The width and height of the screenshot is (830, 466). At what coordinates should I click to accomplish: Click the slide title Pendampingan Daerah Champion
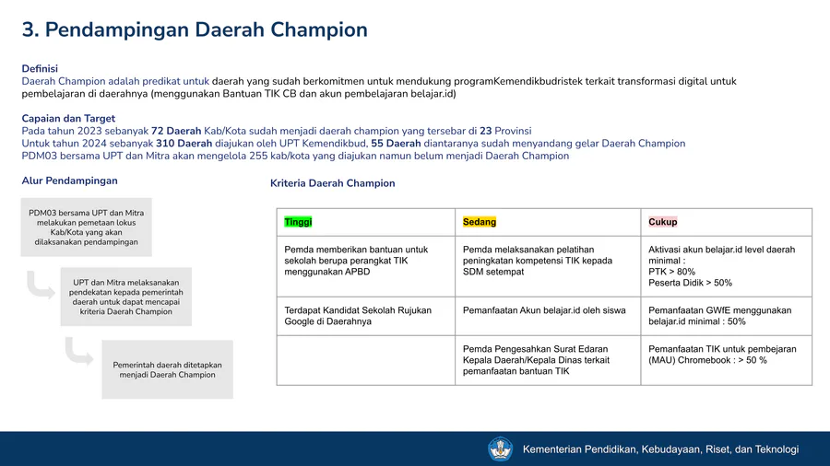[x=207, y=30]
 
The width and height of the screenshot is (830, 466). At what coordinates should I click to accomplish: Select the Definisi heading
[x=40, y=69]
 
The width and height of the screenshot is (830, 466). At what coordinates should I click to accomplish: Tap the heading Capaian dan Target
[x=68, y=119]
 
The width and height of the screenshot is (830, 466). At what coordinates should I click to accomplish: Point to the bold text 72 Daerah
[x=176, y=131]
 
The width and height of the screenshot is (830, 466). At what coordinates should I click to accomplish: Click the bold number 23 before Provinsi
[x=486, y=131]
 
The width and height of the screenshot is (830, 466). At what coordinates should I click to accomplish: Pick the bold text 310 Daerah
[x=184, y=143]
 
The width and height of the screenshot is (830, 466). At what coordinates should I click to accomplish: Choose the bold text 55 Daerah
[x=396, y=143]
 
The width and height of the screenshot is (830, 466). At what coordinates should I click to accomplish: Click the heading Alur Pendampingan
[x=70, y=181]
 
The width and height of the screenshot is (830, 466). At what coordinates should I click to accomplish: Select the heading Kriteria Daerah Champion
[x=332, y=183]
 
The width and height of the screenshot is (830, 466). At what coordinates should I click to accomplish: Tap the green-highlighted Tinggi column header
[x=298, y=222]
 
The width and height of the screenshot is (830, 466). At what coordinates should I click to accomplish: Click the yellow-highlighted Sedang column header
[x=479, y=222]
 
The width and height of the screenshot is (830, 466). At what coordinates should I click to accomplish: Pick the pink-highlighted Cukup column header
[x=663, y=222]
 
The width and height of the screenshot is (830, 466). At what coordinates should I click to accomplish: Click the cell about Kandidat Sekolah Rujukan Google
[x=366, y=316]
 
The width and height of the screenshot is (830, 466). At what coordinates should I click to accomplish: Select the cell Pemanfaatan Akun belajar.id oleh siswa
[x=548, y=316]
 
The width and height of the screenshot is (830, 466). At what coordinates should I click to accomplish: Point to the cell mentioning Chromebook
[x=727, y=360]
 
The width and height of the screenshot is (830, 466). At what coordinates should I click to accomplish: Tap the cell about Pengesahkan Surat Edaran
[x=548, y=360]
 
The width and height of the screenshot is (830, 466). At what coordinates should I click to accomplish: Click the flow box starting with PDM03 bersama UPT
[x=87, y=227]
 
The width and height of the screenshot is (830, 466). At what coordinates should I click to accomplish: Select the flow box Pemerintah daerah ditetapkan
[x=167, y=369]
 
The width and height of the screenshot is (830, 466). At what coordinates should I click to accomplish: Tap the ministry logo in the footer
[x=500, y=449]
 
